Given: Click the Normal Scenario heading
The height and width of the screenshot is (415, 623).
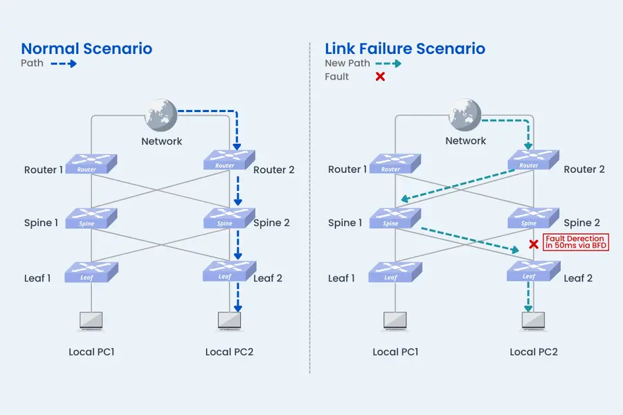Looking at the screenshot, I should (87, 48).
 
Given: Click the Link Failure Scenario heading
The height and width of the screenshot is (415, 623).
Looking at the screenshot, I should (405, 48).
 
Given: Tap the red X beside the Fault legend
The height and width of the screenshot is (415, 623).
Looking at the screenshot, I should (380, 77).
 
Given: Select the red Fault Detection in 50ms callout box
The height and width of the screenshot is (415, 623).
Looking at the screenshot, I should (576, 242).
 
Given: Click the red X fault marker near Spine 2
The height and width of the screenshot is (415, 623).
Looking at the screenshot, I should (534, 244).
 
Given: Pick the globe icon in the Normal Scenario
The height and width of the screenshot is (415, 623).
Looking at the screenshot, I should (161, 115).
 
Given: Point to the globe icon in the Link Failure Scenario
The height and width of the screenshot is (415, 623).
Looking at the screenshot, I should (464, 115).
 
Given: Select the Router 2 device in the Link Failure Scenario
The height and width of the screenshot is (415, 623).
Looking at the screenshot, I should (533, 162).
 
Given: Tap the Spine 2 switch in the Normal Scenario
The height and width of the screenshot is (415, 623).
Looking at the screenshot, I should (229, 219).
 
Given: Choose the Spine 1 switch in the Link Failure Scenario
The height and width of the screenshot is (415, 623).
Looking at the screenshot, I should (395, 219).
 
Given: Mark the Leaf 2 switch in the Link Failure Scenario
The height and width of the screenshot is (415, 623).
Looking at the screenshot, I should (533, 273).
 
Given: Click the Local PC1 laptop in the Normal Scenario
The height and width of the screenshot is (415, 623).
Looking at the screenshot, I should (91, 321).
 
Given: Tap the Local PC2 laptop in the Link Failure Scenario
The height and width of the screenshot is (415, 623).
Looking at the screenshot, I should (533, 321).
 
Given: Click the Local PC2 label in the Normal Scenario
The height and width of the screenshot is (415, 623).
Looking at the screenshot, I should (229, 352).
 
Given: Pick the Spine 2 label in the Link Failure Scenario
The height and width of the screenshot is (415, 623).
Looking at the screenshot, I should (581, 223).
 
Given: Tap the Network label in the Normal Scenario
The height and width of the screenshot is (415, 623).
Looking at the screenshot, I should (161, 141).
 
